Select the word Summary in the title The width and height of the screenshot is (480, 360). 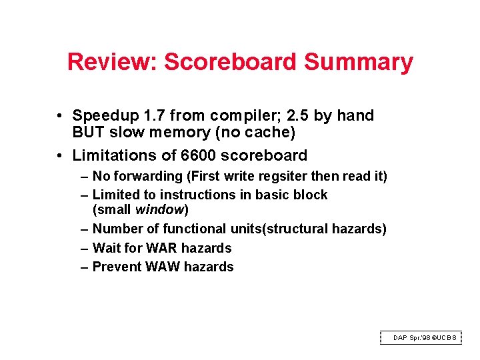click(x=359, y=62)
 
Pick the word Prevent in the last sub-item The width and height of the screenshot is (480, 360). click(x=115, y=267)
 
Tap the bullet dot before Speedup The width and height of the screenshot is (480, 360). click(x=60, y=116)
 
